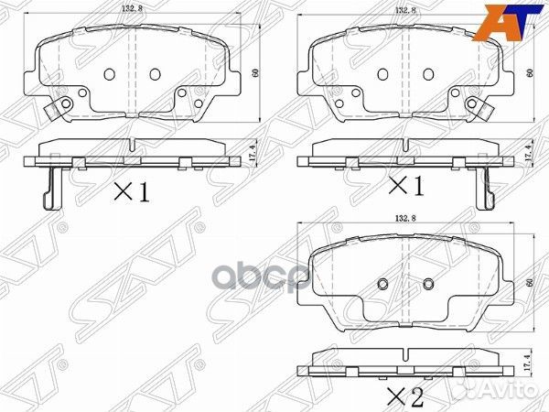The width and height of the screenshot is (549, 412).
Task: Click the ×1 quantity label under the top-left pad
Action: tap(131, 190)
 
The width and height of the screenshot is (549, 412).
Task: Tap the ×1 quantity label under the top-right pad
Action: tap(406, 187)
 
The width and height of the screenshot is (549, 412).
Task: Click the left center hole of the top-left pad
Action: tap(109, 74)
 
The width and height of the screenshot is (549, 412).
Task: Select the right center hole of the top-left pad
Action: tap(153, 74)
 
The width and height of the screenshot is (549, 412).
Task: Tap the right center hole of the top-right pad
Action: tap(426, 74)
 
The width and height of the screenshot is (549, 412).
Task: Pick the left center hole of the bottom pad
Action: tap(383, 283)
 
